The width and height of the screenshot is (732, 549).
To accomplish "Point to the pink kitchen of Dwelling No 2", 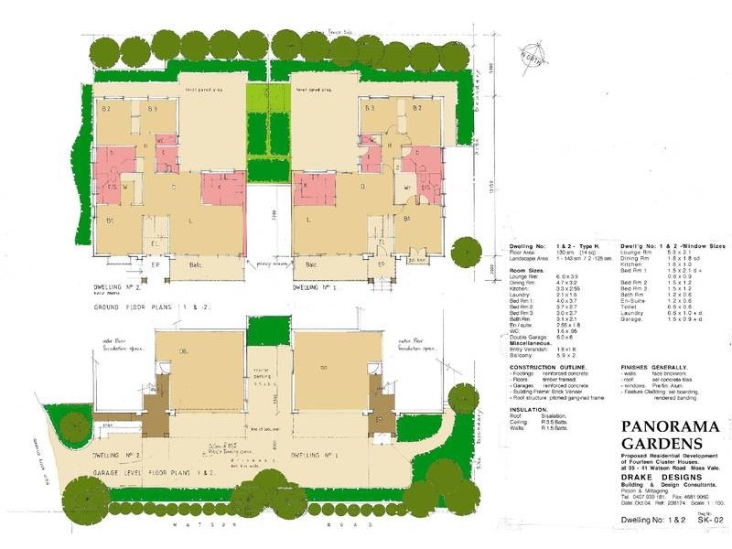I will pyautogui.click(x=221, y=188).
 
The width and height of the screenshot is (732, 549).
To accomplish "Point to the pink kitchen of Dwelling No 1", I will pyautogui.click(x=315, y=188).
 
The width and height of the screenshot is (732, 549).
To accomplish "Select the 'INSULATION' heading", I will pyautogui.click(x=527, y=409).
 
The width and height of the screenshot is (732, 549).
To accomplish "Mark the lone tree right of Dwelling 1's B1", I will pyautogui.click(x=467, y=249).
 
